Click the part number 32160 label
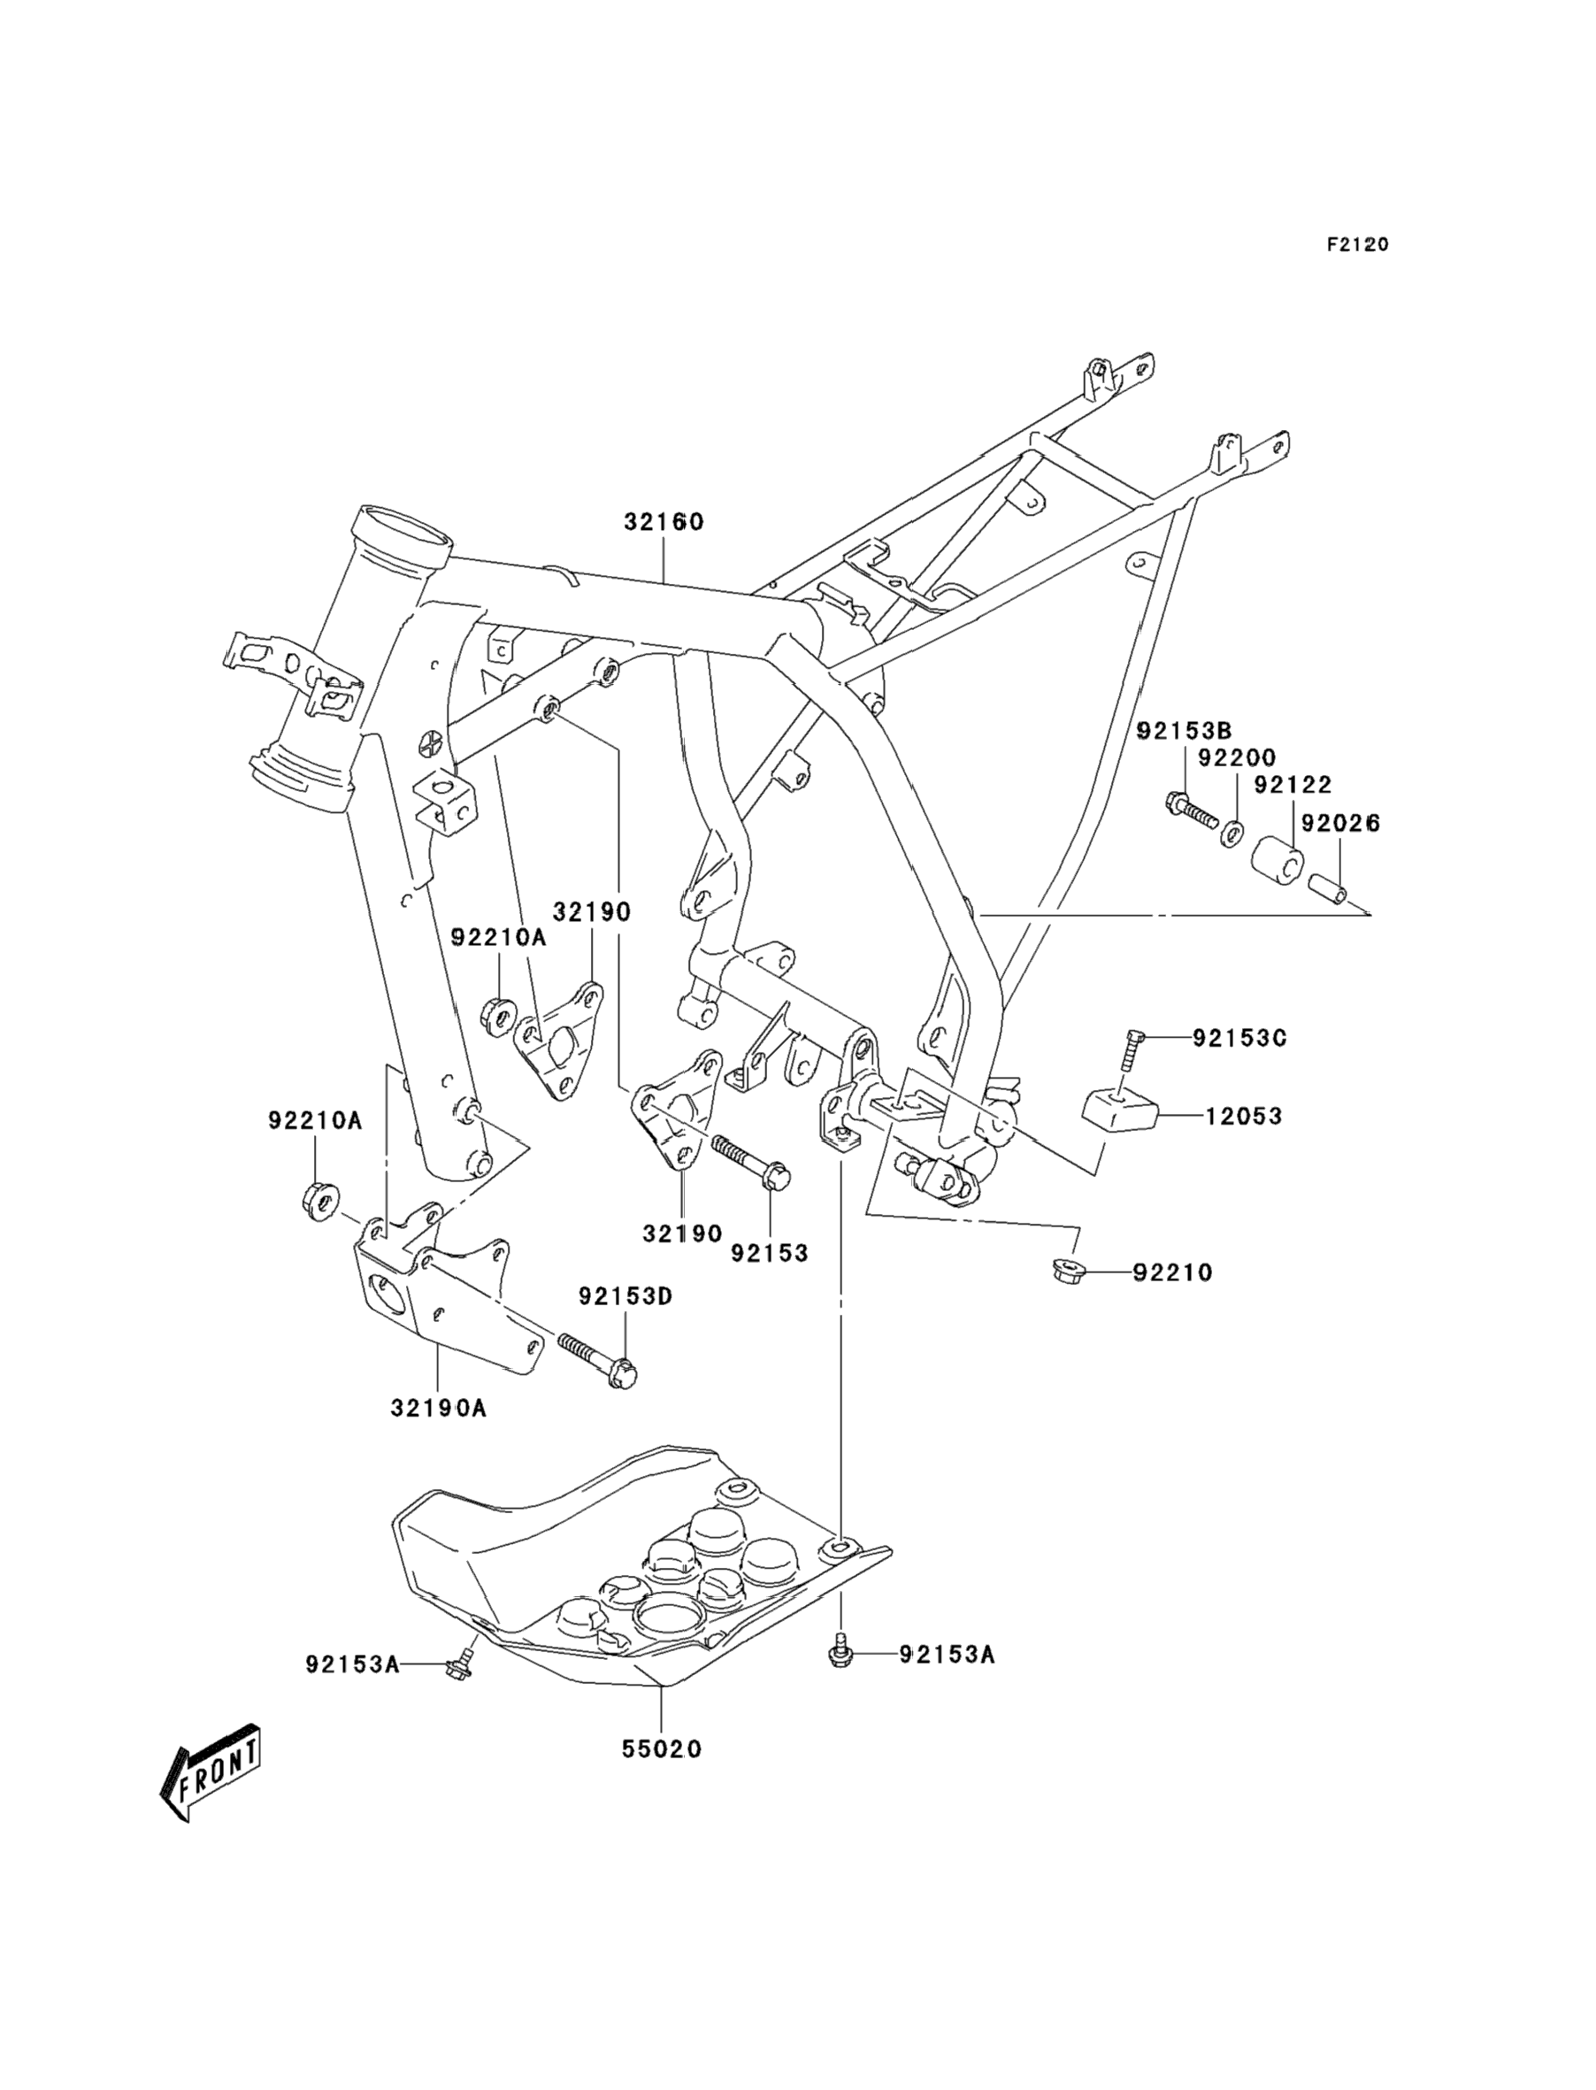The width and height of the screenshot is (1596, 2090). coord(664,521)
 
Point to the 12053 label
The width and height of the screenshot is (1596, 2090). coord(1244,1117)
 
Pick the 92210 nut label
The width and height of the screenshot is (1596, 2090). coord(1172,1273)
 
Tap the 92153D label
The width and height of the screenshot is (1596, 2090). coord(626,1295)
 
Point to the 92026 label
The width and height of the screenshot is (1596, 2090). coord(1339,823)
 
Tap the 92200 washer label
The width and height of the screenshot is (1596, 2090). coord(1236,758)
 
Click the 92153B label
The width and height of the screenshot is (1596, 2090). coord(1184,731)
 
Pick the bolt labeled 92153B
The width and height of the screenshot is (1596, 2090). coord(1189,810)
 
